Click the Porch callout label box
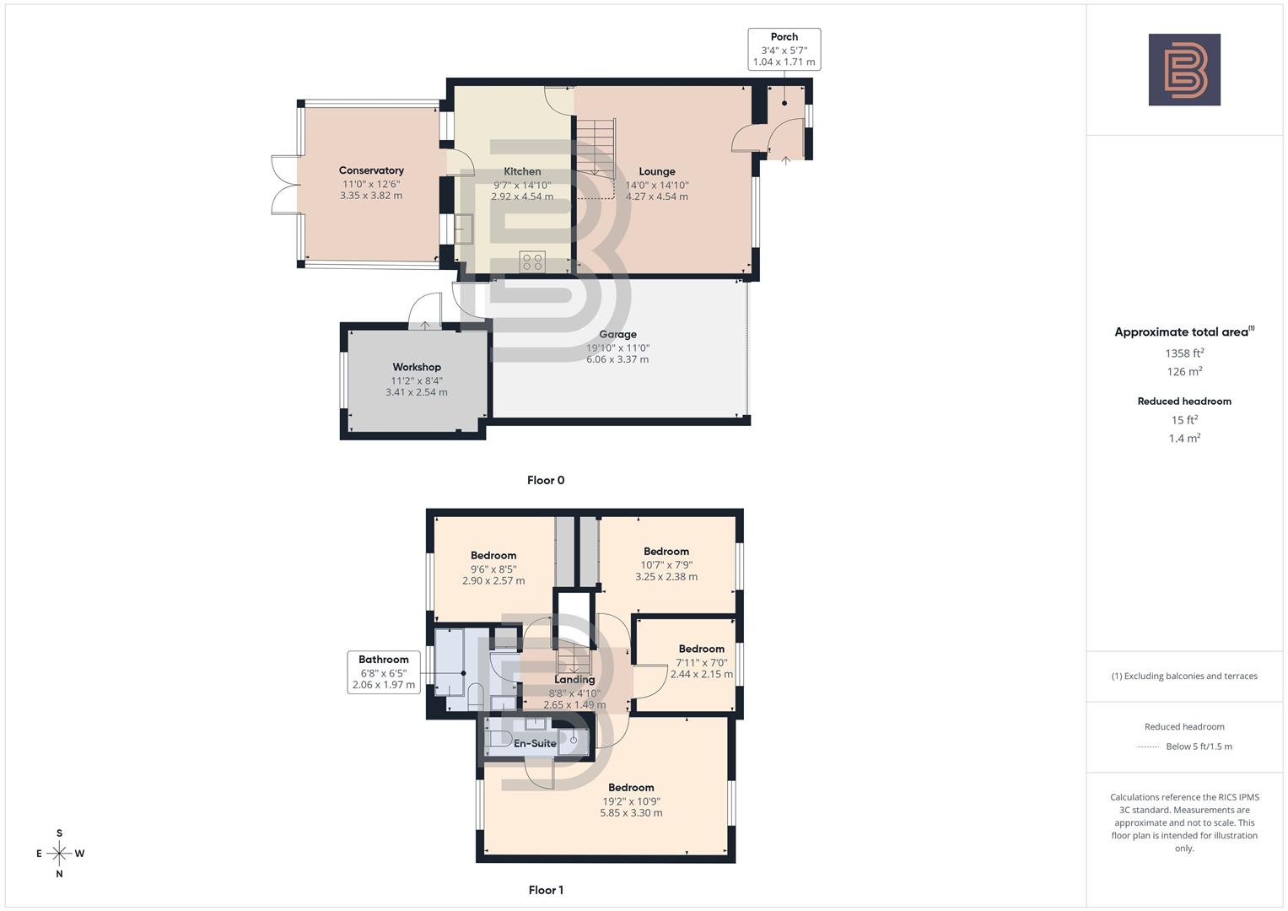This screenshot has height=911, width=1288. (x=784, y=49)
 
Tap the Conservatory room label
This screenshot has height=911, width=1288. (x=371, y=170)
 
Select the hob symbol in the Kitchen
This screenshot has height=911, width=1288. (x=532, y=261)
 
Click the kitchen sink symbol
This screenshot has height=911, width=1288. (x=464, y=229)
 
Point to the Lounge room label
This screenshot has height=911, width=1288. (x=656, y=171)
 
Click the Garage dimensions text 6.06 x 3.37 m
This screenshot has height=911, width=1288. (x=617, y=359)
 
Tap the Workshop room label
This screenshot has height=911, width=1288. (x=417, y=367)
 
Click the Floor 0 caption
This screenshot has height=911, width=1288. (x=546, y=480)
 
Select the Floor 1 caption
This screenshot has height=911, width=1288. (x=546, y=890)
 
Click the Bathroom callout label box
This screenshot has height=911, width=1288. (x=384, y=672)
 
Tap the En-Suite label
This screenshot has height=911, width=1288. (x=535, y=743)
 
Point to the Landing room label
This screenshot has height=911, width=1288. (x=574, y=680)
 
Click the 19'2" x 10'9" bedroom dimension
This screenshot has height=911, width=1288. (x=631, y=801)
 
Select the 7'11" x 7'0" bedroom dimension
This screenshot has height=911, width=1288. (x=701, y=663)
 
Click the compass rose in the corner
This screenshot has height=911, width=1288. (x=59, y=854)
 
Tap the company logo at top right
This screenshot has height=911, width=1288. (x=1184, y=69)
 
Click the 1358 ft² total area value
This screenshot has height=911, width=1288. (x=1184, y=353)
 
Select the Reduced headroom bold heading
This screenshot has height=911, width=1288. (x=1184, y=402)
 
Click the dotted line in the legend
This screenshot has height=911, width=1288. (x=1148, y=747)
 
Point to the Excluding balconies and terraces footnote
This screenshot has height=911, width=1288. (x=1184, y=676)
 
